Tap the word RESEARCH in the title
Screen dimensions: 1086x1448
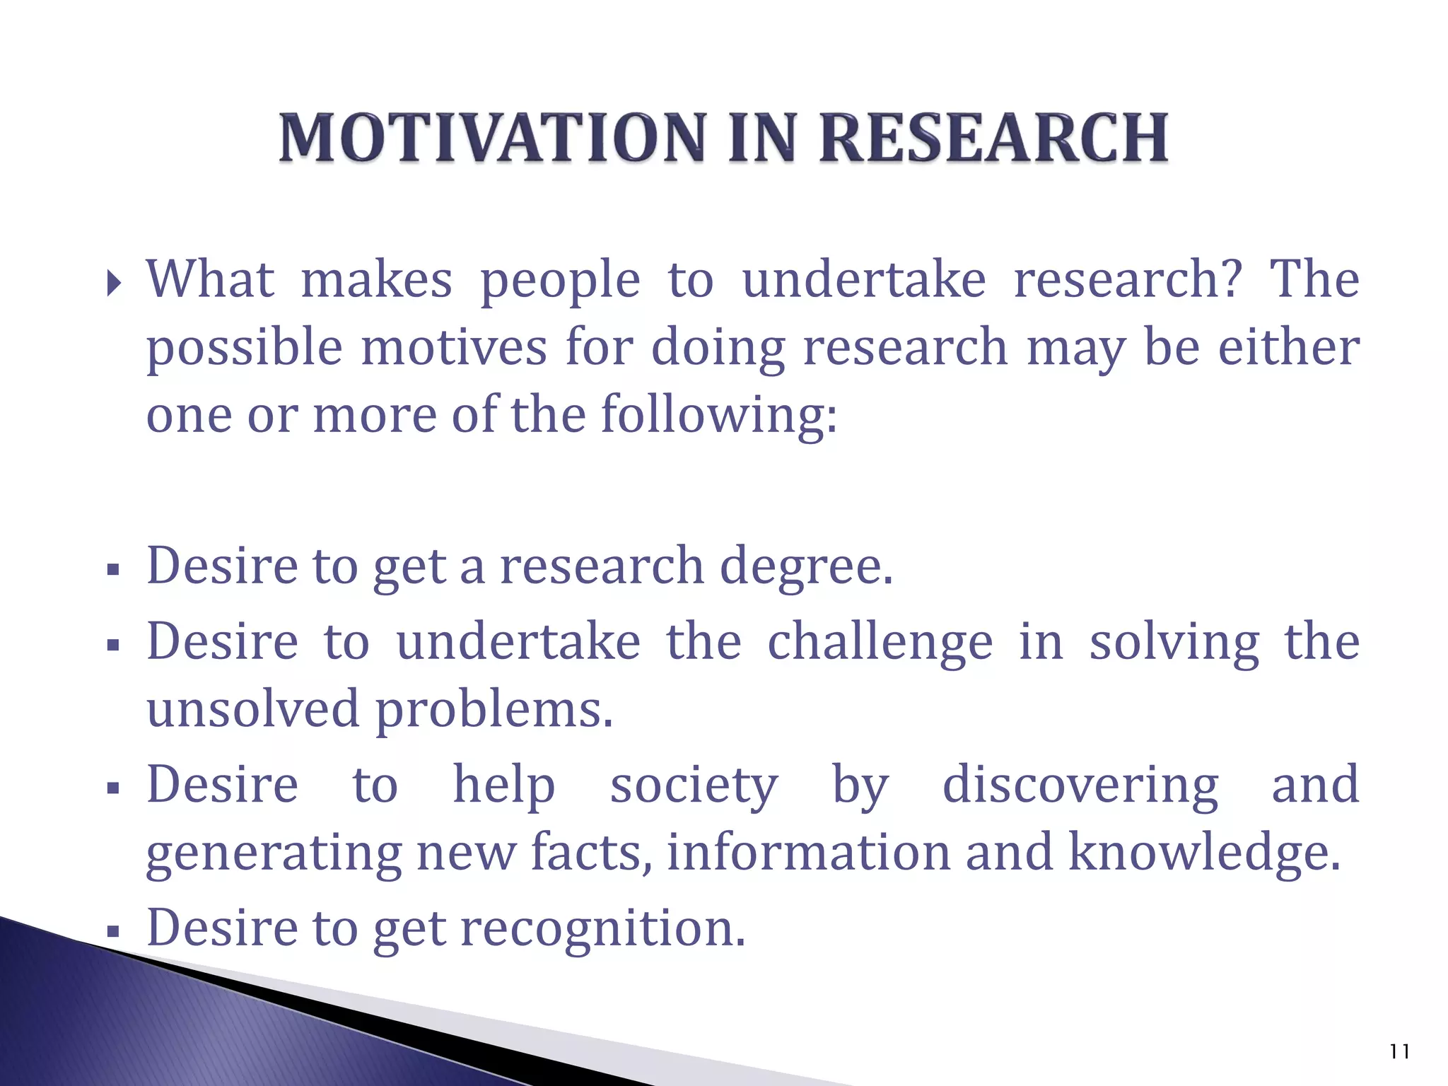tap(993, 138)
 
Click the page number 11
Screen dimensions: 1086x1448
tap(1399, 1052)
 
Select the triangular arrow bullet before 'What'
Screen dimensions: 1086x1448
tap(114, 284)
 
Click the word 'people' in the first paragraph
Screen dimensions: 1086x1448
tap(560, 282)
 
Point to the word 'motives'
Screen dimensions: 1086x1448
tap(454, 348)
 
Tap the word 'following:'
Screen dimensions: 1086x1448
tap(719, 416)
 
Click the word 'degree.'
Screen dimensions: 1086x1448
tap(806, 568)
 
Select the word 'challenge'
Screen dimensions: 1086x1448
tap(880, 643)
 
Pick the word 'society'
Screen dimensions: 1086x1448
tap(694, 786)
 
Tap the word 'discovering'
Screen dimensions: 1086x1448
tap(1080, 786)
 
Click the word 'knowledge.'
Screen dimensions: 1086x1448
tap(1203, 853)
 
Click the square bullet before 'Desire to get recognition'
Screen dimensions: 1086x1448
tap(112, 933)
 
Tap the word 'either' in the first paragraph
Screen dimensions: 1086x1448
tap(1288, 348)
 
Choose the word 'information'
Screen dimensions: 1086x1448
tap(808, 853)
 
